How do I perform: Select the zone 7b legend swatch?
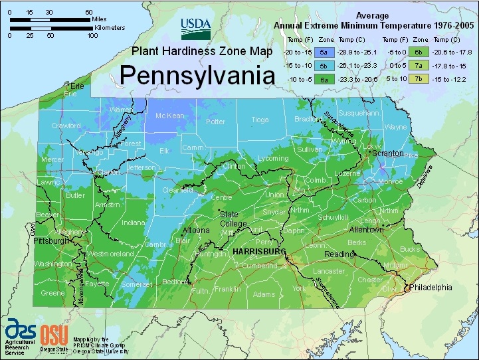coord(419,78)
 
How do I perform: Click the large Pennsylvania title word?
coord(197,74)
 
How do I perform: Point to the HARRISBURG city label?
coord(258,252)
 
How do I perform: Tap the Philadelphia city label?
coord(431,288)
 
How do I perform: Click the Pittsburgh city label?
coord(51,241)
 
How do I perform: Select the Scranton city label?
coord(389,153)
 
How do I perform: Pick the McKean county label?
coord(169,116)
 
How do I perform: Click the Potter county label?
coord(215,122)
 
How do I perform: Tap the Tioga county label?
coord(260,120)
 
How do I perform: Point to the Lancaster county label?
coord(329,271)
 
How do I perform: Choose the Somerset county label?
coord(138,284)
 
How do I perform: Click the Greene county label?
coord(52,293)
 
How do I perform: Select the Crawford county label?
coord(66,126)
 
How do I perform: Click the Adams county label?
coord(264,294)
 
